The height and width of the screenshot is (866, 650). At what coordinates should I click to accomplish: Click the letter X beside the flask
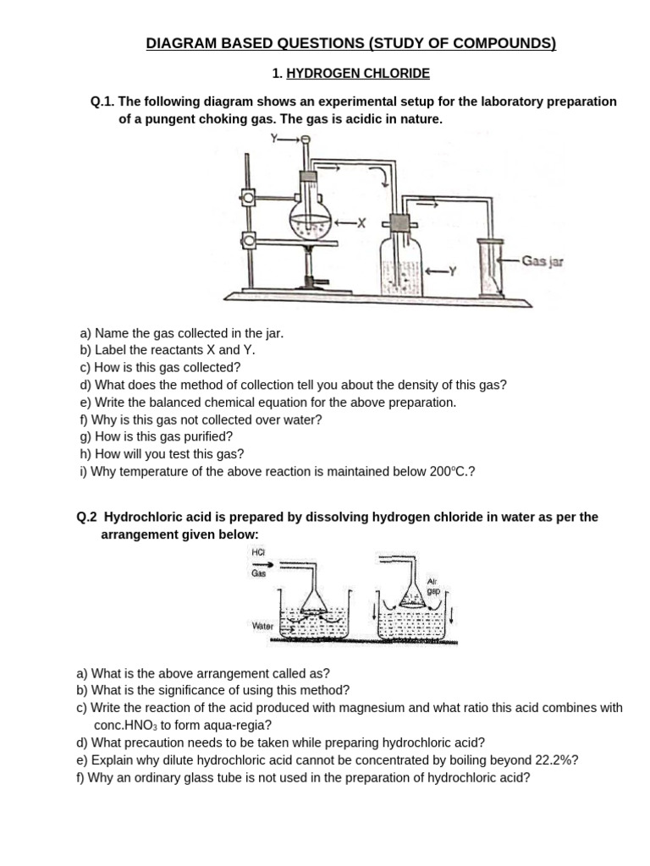coord(361,223)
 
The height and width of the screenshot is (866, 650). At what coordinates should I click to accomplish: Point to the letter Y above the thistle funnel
coord(274,138)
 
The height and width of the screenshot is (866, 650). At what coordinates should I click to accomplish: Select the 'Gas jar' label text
coord(543,261)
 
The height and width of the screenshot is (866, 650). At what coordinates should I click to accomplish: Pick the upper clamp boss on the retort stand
coord(248,198)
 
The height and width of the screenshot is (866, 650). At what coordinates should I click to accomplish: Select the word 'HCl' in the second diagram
coord(259,552)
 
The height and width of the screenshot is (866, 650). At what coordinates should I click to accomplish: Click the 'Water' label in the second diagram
coord(262,626)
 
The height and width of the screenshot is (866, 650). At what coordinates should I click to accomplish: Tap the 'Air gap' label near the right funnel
coord(432,586)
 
